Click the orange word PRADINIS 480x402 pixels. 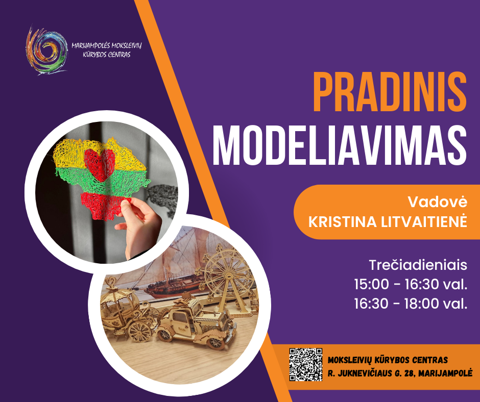click(x=390, y=92)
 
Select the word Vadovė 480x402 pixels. click(x=438, y=202)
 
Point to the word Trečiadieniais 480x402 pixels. click(x=418, y=265)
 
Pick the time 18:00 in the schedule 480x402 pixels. click(x=421, y=304)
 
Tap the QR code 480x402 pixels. click(x=306, y=364)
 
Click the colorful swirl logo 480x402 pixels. click(x=46, y=51)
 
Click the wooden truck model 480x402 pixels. click(x=196, y=323)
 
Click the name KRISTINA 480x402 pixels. click(x=343, y=222)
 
